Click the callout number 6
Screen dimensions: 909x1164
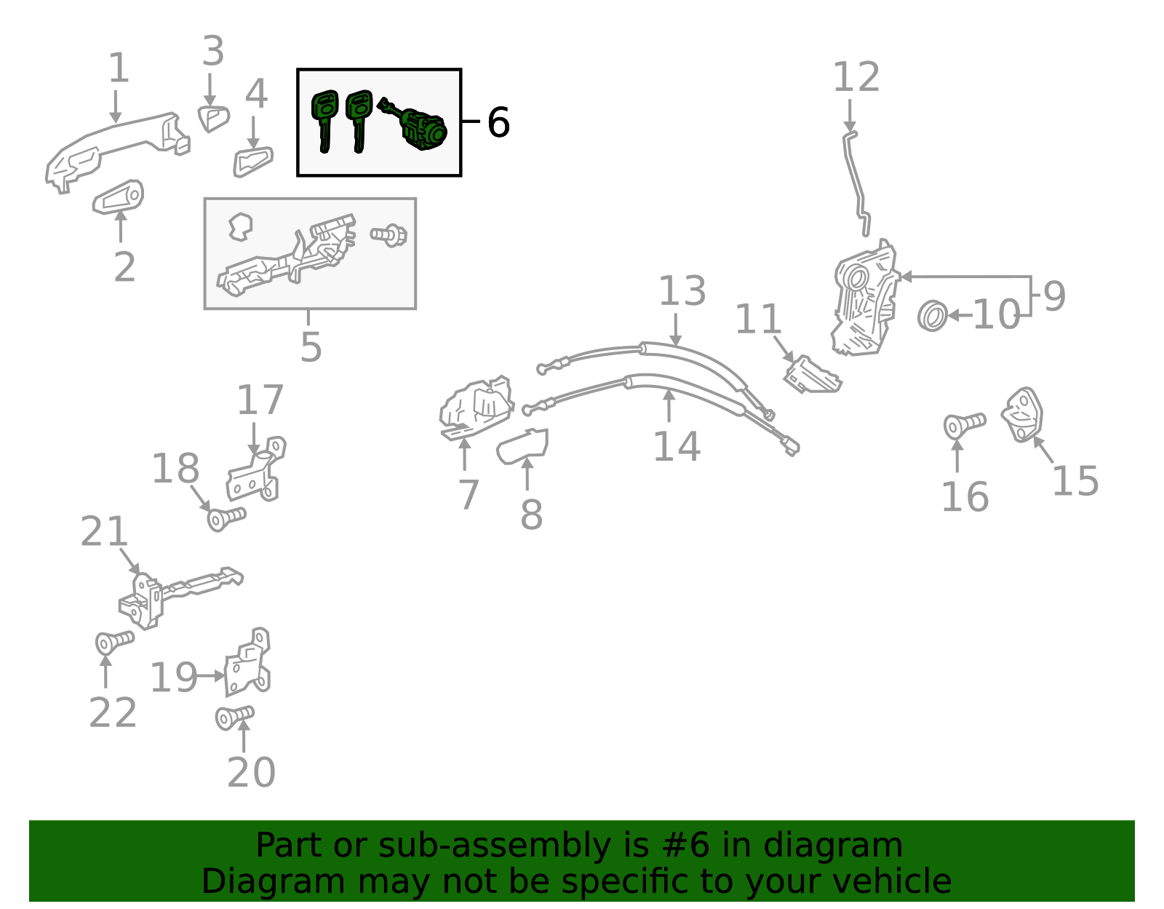498,122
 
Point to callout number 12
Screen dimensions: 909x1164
856,77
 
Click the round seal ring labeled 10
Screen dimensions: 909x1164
932,315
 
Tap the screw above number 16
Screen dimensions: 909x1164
963,424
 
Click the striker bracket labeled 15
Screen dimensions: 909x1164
1023,415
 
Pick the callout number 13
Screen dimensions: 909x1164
682,291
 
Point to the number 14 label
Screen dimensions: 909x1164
676,446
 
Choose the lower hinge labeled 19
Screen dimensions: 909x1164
247,664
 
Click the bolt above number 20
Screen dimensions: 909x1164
234,718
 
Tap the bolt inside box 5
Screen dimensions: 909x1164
388,235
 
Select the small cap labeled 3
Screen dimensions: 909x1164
213,118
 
